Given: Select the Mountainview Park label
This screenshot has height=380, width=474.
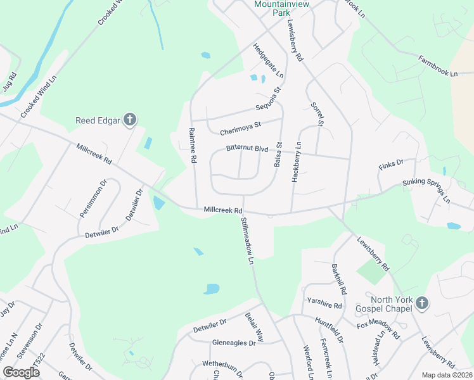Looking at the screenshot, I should pyautogui.click(x=276, y=8).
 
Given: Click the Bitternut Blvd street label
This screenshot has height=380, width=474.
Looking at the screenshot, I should pyautogui.click(x=248, y=149).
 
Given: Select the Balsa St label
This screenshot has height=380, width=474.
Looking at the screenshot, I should pyautogui.click(x=278, y=155).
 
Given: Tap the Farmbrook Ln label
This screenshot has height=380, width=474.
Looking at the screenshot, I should pyautogui.click(x=437, y=66).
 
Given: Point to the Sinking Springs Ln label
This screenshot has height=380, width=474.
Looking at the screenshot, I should pyautogui.click(x=426, y=191).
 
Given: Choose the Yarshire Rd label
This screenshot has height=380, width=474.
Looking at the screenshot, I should pyautogui.click(x=324, y=305).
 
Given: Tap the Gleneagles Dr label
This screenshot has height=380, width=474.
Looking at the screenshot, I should pyautogui.click(x=234, y=343).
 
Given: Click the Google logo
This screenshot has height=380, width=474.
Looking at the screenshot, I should pyautogui.click(x=22, y=372).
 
